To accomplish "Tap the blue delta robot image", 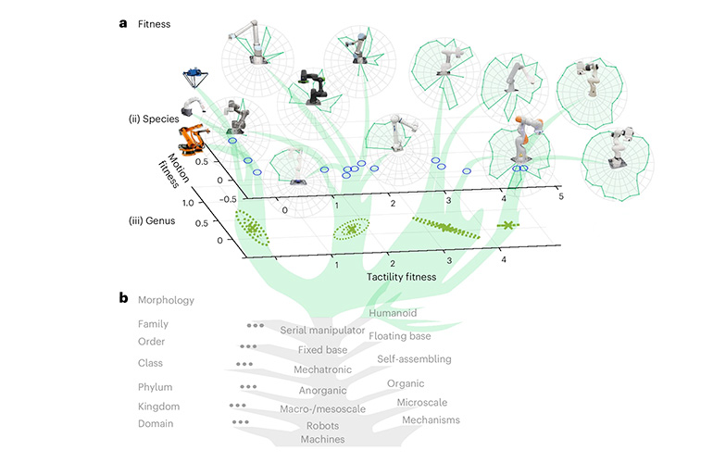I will click(194, 73).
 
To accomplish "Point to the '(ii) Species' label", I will click(153, 120).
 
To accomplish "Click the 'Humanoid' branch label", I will click(393, 313).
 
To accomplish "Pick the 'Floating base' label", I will click(401, 336).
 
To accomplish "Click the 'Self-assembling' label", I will click(414, 358).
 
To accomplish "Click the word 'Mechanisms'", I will click(431, 419).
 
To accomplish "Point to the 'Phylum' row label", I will click(156, 387).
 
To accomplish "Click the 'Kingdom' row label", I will click(158, 407).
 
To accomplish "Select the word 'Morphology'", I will click(166, 300).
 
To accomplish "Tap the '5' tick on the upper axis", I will click(559, 197).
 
